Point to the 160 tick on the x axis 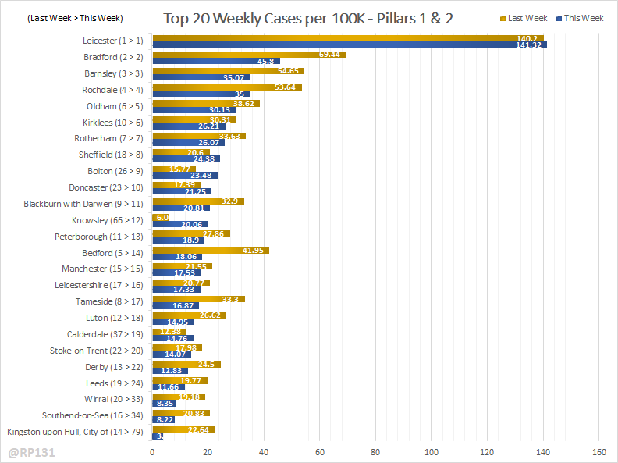pyautogui.click(x=599, y=451)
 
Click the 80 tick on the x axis pyautogui.click(x=375, y=451)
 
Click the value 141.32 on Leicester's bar pyautogui.click(x=531, y=45)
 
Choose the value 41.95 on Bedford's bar pyautogui.click(x=255, y=250)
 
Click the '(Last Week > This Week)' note pyautogui.click(x=64, y=18)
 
